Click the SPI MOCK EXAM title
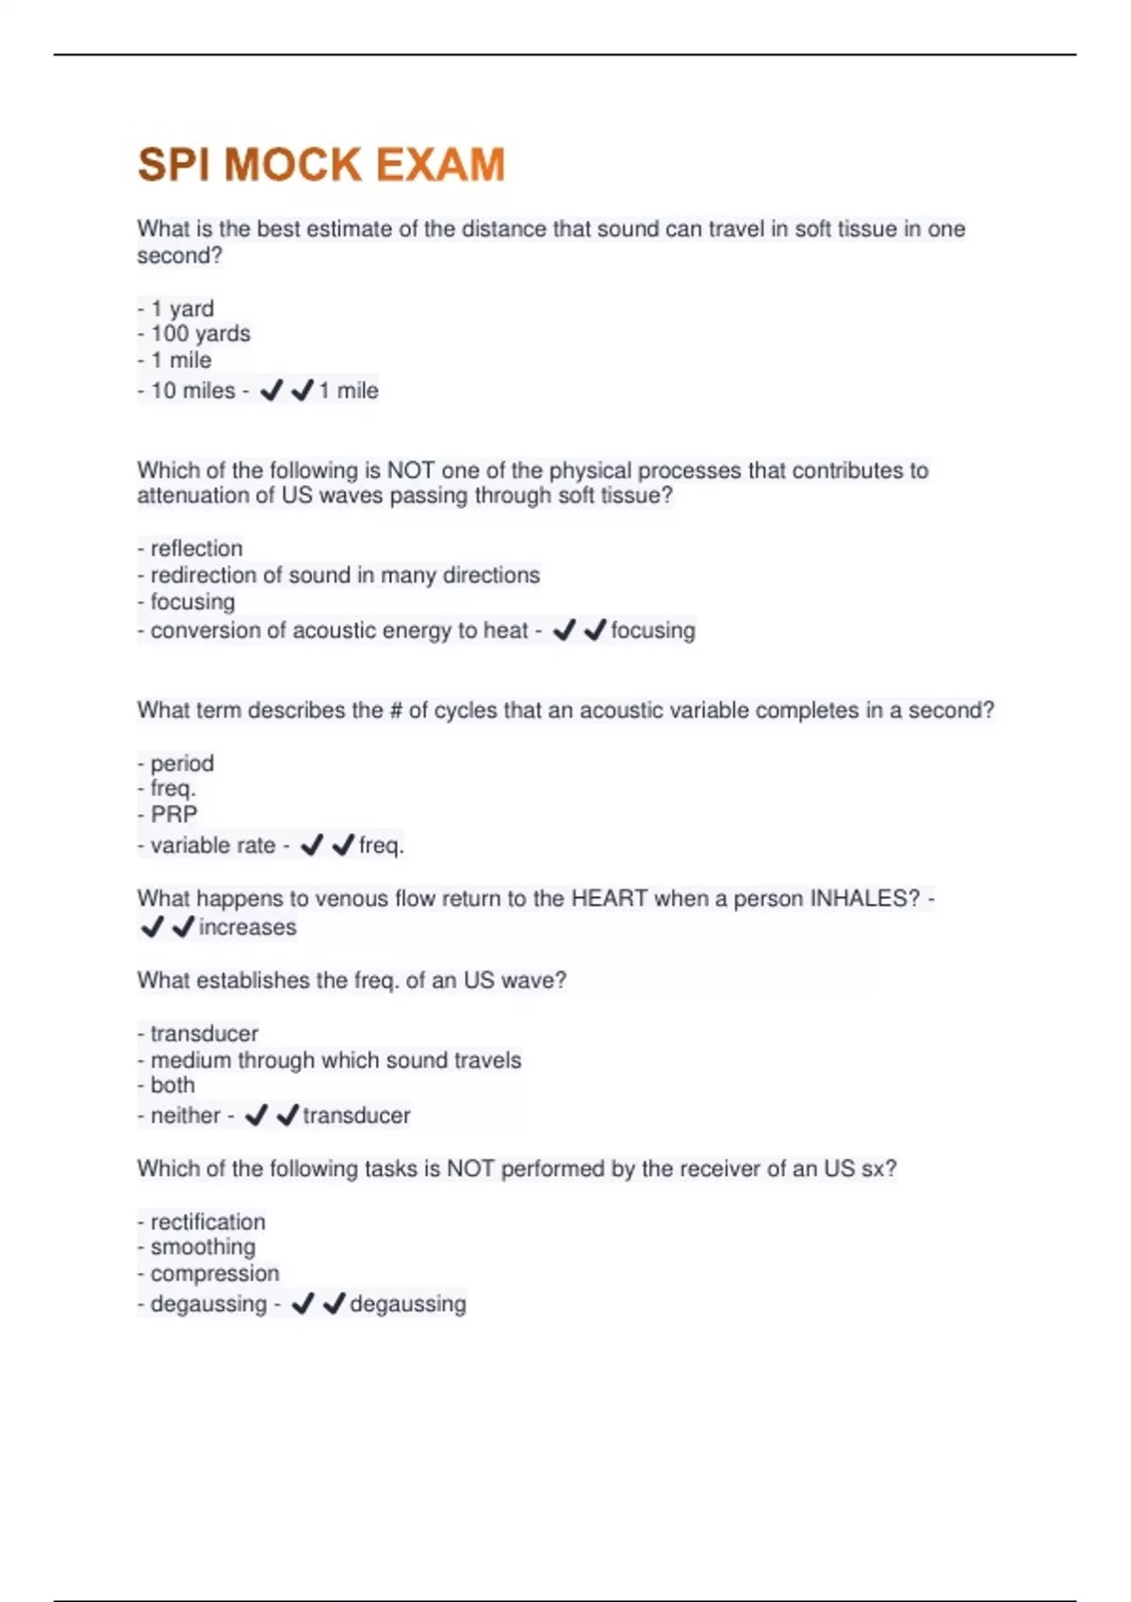(321, 165)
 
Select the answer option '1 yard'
(182, 308)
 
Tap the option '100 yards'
(200, 334)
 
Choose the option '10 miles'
(192, 390)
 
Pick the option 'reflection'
(196, 548)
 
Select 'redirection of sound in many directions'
(345, 575)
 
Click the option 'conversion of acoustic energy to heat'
(338, 630)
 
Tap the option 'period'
(182, 763)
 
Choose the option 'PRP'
(173, 814)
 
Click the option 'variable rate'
(212, 845)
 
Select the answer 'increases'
(247, 927)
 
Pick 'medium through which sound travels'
(336, 1060)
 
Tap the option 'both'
(172, 1085)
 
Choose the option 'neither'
(185, 1116)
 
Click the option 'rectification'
(207, 1222)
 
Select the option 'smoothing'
(203, 1247)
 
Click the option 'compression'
(215, 1273)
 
